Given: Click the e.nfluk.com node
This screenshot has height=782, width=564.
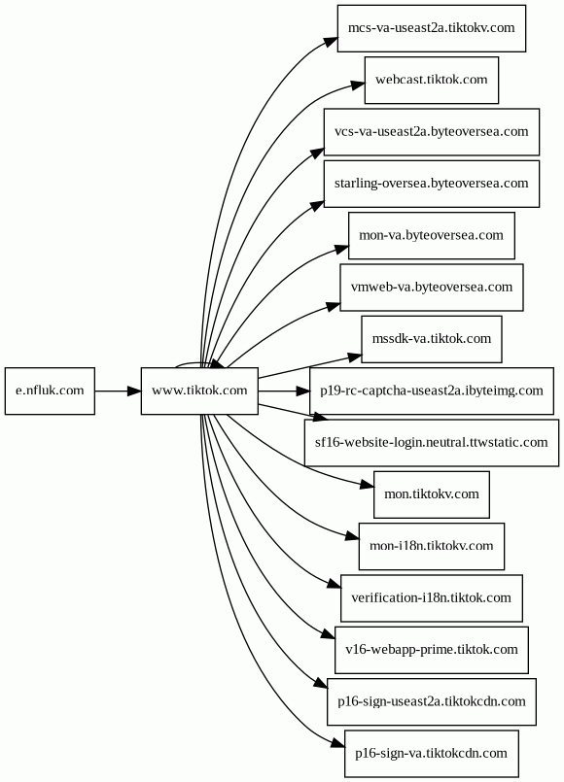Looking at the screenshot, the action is [x=50, y=391].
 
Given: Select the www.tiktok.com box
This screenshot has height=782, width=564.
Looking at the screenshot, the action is [x=199, y=391].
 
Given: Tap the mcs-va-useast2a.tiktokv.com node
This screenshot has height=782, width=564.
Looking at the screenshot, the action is [x=432, y=28].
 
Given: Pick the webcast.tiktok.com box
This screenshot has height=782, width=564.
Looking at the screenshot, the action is [x=432, y=81].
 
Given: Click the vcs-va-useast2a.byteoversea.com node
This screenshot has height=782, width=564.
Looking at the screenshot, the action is [x=432, y=132].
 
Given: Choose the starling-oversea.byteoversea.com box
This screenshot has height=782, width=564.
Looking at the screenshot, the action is [x=432, y=184].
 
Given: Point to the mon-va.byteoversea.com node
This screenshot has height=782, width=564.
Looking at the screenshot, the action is [x=432, y=236].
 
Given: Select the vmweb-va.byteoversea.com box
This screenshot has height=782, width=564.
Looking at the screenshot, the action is [x=432, y=288].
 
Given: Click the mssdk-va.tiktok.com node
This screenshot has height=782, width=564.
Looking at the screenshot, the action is [x=432, y=339].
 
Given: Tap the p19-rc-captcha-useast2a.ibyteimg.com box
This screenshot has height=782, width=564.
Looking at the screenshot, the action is [x=432, y=391].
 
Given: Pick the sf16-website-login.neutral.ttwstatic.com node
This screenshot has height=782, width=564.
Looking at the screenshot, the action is [x=432, y=443].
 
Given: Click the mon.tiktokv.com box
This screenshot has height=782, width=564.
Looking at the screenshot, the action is [x=432, y=494].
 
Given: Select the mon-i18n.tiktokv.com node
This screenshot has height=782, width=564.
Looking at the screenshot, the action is [x=432, y=547].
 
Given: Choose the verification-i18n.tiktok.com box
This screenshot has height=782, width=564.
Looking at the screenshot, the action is [x=432, y=598].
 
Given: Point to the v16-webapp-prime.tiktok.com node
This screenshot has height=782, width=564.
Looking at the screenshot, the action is [x=432, y=650].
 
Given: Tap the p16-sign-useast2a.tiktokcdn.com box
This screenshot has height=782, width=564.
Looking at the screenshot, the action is [x=432, y=702].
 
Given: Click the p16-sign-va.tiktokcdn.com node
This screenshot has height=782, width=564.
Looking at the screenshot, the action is [x=432, y=754].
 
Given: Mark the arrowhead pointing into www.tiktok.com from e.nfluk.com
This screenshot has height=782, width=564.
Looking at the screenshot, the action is [x=134, y=391].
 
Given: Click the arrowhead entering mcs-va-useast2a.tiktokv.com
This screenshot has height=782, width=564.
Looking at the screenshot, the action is [x=331, y=41].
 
